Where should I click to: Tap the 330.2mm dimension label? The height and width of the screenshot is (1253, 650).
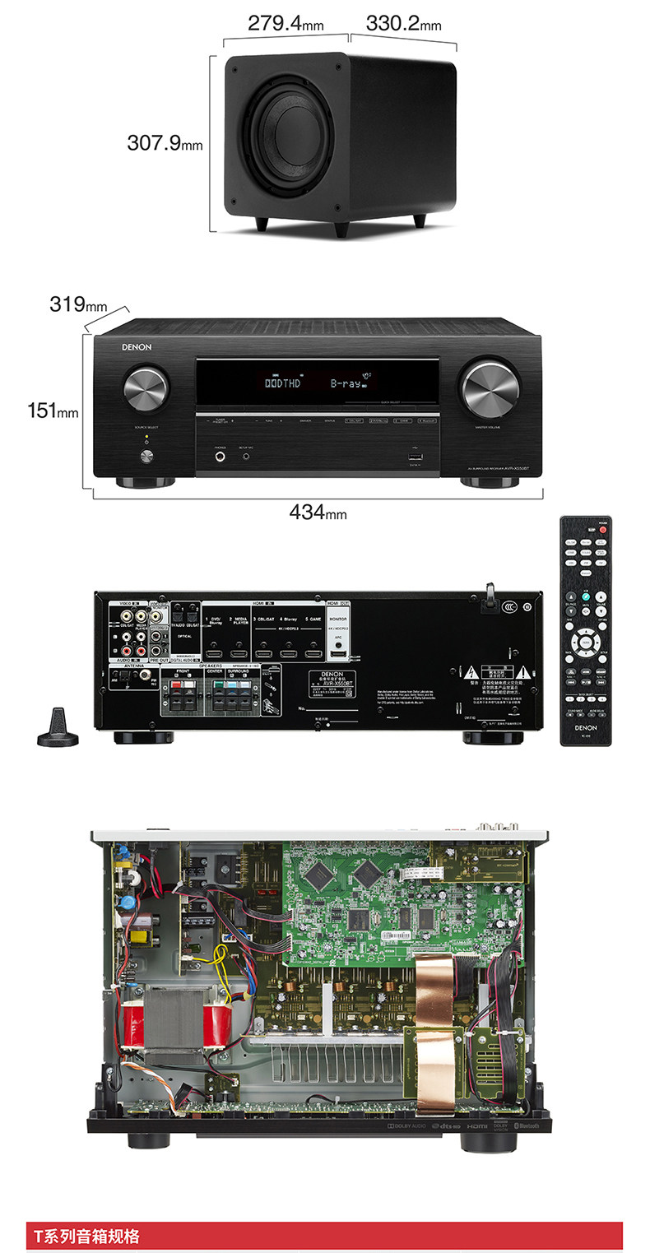403,22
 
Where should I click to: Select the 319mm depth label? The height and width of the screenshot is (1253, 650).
78,304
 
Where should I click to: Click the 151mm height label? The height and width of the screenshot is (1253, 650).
53,409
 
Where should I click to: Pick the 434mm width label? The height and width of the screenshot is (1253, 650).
318,513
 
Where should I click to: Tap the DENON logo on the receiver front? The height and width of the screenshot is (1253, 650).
137,347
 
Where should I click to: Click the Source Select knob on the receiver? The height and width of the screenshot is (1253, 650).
146,388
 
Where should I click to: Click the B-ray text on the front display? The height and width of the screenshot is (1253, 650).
349,383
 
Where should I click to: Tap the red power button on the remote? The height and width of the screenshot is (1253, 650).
602,530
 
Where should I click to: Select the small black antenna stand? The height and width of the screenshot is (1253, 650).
58,729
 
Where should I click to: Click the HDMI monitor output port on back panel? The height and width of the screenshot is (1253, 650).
337,655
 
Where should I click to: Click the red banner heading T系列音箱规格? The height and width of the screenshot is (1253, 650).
86,1237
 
